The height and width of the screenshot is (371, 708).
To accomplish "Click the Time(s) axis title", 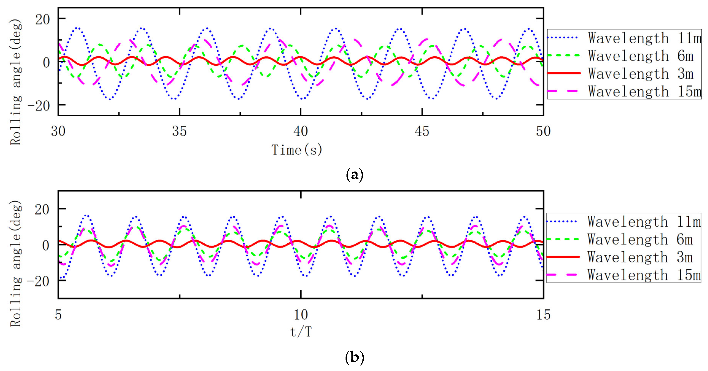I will coord(297,150).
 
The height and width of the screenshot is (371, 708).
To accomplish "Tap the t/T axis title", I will coord(301,332).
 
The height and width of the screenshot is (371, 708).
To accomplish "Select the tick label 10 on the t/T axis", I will coord(301,315).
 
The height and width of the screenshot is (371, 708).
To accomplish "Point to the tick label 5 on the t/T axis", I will coord(58,315).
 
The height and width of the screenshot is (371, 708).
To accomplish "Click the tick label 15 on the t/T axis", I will coord(543,315).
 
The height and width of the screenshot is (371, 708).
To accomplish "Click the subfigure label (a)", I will coord(354,175).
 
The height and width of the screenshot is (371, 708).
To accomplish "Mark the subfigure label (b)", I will coord(354,357).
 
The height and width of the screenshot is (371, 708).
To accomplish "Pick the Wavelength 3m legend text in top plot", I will coord(640,74).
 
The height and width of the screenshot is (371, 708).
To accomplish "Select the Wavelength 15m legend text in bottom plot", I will coord(644,275).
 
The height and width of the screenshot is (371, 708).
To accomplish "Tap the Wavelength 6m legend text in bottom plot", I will coord(640,239).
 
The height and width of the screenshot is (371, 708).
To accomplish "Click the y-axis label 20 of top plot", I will coord(43,20).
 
